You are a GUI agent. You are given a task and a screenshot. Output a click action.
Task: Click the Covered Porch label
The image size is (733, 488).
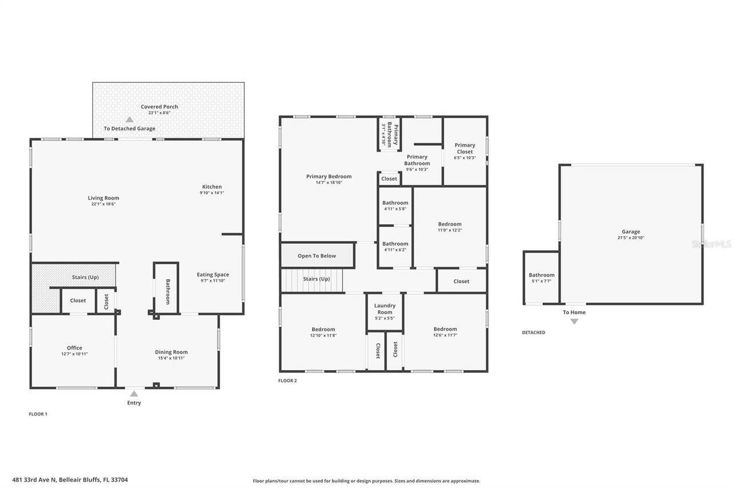point(159,107)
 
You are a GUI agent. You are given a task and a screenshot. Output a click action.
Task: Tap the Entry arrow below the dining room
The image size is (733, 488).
point(133,394)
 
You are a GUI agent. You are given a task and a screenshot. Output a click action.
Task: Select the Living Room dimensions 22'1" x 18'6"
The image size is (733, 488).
point(103,204)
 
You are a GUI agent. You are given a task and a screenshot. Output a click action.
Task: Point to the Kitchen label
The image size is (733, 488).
point(211,187)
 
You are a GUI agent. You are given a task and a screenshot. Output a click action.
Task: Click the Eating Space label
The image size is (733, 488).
point(212,275)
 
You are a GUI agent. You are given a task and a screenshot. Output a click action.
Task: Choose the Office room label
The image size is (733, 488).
point(74,348)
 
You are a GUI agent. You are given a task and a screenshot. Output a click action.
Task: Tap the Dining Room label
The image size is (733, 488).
point(171,352)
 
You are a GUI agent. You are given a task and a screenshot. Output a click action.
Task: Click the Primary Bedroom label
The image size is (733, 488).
point(329,177)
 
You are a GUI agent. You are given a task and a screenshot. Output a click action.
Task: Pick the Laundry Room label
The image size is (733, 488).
point(385,309)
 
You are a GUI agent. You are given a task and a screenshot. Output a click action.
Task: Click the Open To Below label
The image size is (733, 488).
point(317,256)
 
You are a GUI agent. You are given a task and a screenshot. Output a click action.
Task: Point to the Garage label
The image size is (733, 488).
point(630,232)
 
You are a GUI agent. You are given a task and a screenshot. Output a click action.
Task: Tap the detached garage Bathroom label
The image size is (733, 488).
point(541,275)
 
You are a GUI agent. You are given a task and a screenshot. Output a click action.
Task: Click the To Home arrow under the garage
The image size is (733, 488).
point(574,322)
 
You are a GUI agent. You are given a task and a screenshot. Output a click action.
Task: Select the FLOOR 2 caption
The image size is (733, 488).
point(287,380)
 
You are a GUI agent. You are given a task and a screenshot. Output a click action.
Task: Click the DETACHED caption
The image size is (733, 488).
point(533,332)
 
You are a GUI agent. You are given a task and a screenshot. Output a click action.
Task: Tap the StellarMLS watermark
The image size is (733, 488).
point(712,244)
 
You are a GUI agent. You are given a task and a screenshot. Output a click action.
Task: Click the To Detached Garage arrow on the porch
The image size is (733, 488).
point(129,120)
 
